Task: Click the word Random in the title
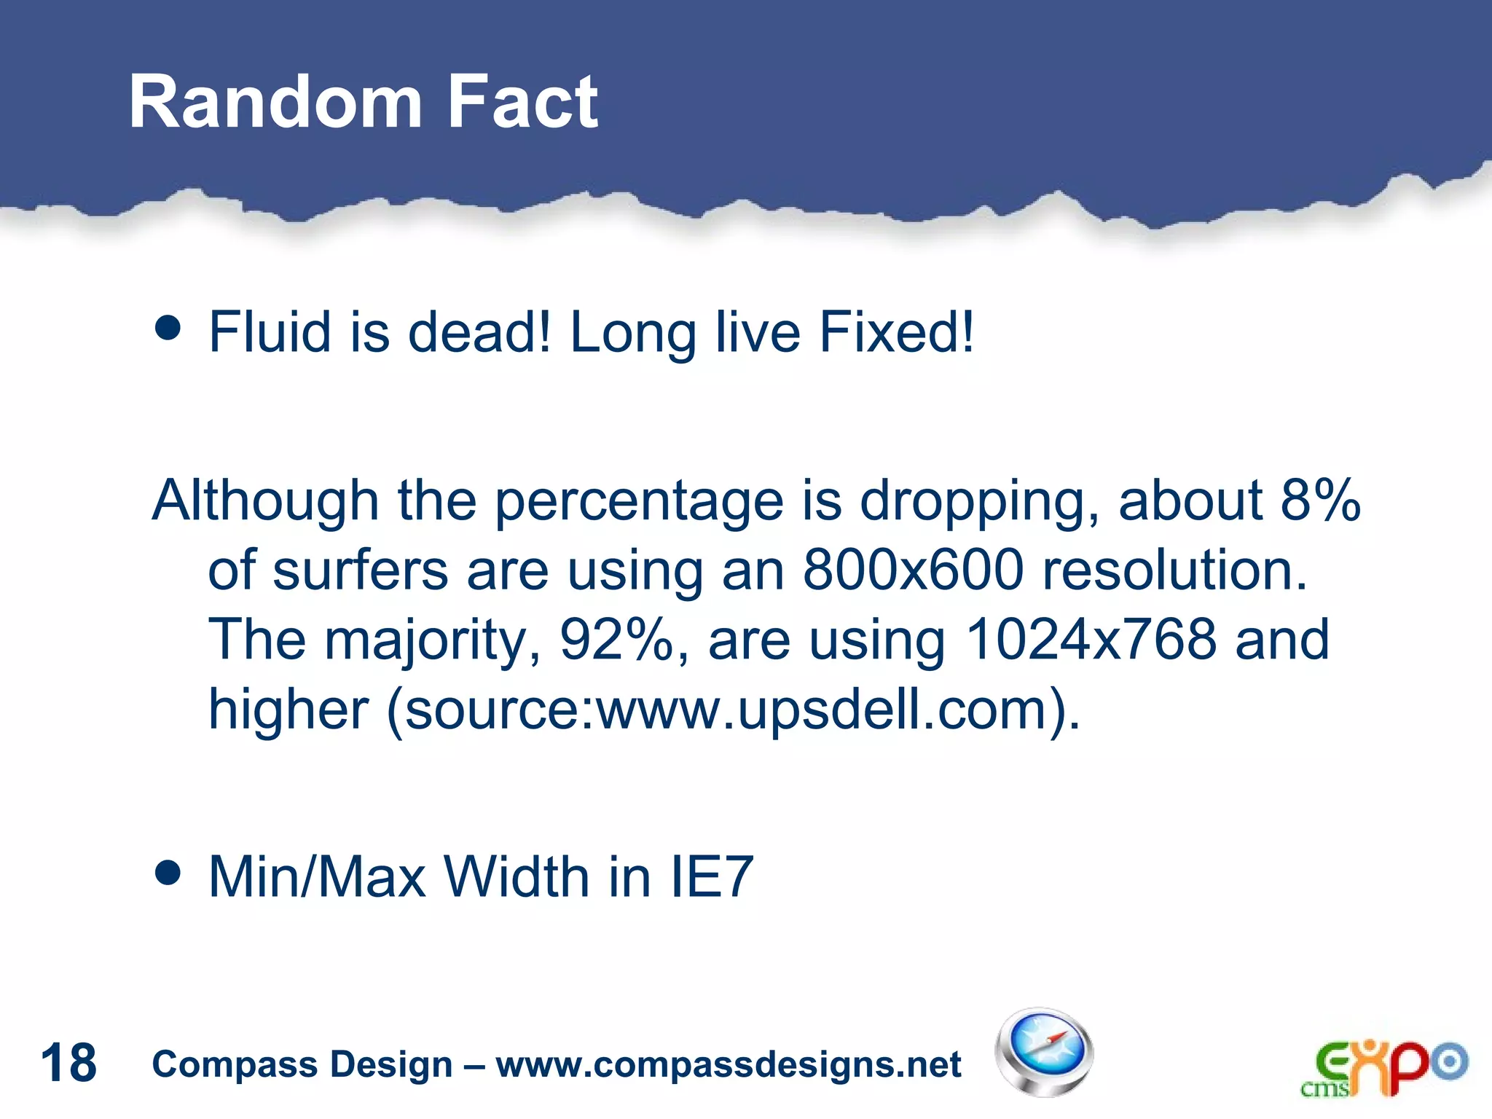[275, 103]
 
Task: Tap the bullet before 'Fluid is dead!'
[168, 328]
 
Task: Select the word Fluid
[270, 332]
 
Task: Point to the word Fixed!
[896, 332]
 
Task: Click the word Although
[265, 500]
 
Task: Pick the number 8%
[1319, 500]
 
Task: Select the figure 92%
[616, 640]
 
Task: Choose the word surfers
[360, 570]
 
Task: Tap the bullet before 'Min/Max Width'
[168, 872]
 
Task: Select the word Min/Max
[317, 876]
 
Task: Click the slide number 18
[68, 1063]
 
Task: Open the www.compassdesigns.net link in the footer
[729, 1064]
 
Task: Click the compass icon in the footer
[1044, 1052]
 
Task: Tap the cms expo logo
[1383, 1067]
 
